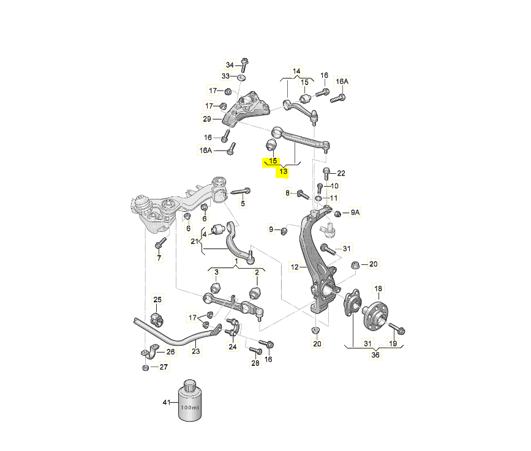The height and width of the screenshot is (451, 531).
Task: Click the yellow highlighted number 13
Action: [x=284, y=172]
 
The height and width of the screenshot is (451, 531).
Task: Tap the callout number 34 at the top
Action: [x=230, y=65]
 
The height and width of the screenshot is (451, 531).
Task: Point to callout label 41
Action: [x=165, y=403]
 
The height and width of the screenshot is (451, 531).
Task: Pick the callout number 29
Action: [x=207, y=118]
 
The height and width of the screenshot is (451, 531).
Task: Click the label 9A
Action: [x=355, y=212]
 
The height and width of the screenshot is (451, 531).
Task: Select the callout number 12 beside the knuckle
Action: [x=295, y=267]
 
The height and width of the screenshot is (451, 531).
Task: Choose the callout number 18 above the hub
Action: [x=378, y=289]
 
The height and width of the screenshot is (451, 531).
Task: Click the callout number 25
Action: [x=157, y=299]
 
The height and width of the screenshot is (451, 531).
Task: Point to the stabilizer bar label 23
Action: [x=196, y=351]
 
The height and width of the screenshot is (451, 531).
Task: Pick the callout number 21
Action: [x=194, y=241]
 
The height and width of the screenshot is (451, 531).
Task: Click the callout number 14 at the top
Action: [x=297, y=70]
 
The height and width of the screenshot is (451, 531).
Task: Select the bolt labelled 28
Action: [x=257, y=351]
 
